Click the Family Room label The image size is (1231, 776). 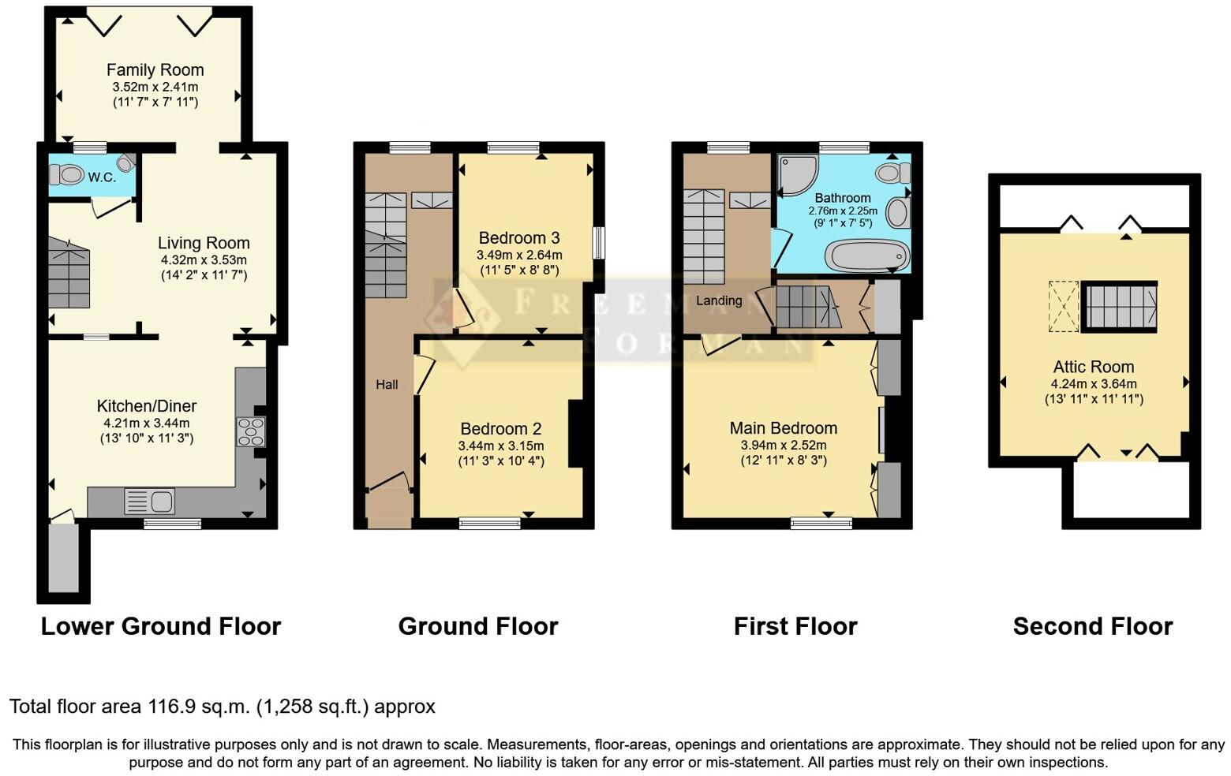click(x=155, y=70)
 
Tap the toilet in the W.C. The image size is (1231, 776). click(x=69, y=174)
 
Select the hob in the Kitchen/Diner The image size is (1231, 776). click(x=252, y=431)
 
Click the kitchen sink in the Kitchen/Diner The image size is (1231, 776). click(x=149, y=501)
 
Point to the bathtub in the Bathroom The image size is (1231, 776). click(x=866, y=256)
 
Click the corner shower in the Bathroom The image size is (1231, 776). click(x=796, y=173)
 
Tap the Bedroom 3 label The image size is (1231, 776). click(x=518, y=238)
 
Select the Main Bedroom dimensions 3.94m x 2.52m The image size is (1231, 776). click(x=783, y=446)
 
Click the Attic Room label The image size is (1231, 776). click(x=1093, y=367)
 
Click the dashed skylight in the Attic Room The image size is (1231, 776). click(x=1064, y=306)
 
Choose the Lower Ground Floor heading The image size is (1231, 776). click(x=161, y=626)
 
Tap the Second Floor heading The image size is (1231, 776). click(x=1092, y=626)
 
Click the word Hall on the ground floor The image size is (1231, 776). click(x=387, y=385)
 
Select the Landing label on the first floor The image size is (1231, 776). click(x=718, y=300)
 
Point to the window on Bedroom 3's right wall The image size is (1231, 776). click(x=599, y=243)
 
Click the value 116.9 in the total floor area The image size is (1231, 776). click(x=171, y=707)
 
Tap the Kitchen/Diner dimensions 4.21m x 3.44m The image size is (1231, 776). click(x=146, y=423)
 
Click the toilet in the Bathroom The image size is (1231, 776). click(x=892, y=173)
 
